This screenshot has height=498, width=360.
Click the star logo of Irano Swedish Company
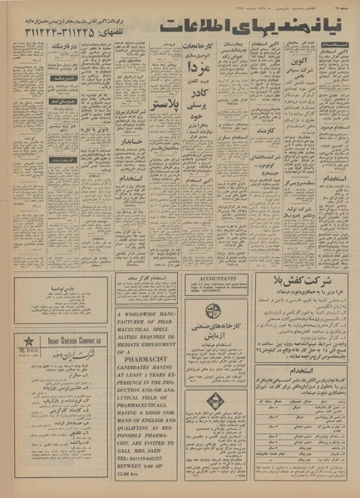(30, 344)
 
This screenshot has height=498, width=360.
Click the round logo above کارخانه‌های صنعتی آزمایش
(214, 310)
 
